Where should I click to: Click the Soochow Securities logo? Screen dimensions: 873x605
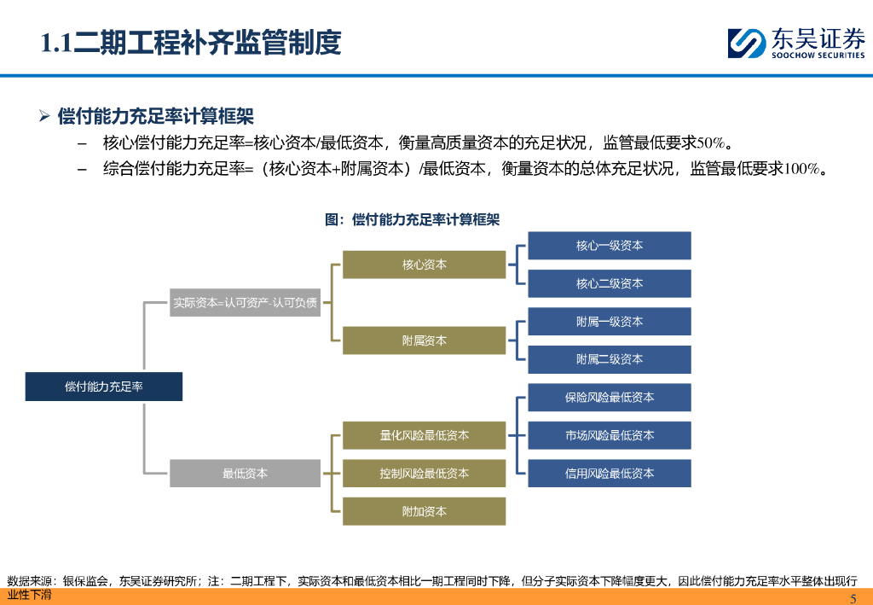click(795, 43)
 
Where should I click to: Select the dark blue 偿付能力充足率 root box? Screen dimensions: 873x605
click(104, 387)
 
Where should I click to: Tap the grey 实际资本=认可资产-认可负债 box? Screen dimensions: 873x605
click(246, 302)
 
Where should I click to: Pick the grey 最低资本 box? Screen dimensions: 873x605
click(246, 473)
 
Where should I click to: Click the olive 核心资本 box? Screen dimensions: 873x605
click(424, 265)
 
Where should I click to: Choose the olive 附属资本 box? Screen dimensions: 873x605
click(424, 340)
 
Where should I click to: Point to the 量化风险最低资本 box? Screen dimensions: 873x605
click(424, 435)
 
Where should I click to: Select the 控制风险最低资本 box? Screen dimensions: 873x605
click(424, 473)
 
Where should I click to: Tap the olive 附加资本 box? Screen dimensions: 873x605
click(424, 511)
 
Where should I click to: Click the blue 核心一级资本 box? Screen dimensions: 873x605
click(610, 246)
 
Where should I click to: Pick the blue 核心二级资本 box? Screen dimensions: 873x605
click(610, 283)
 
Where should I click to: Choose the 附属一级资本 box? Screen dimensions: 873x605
click(610, 322)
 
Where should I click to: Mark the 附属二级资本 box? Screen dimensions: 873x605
click(610, 359)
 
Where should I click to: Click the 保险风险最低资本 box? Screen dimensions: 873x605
click(610, 398)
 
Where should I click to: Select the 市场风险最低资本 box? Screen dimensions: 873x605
click(610, 435)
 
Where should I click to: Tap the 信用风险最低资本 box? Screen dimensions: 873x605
click(610, 473)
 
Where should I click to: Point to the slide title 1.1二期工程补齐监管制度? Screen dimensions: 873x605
click(192, 43)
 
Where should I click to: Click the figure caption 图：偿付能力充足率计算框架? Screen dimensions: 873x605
click(412, 219)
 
